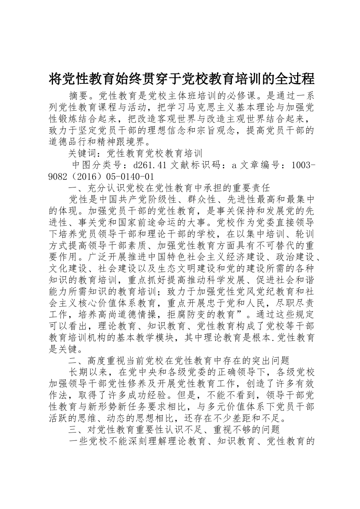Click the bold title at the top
pos(182,79)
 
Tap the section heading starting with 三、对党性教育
pos(174,429)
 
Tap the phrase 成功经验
pos(152,395)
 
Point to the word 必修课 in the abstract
pos(250,94)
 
